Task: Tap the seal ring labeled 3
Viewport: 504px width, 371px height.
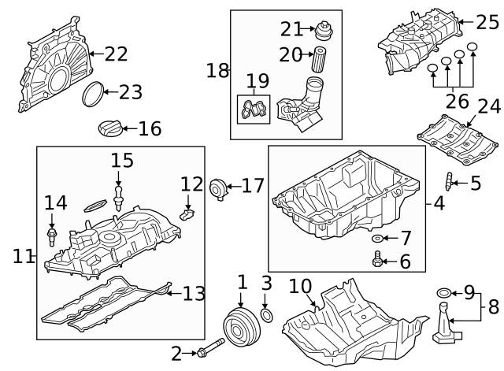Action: (266, 317)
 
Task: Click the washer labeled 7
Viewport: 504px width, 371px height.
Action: (378, 237)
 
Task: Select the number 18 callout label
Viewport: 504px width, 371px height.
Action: (217, 70)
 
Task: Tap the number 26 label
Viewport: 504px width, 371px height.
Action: (458, 101)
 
